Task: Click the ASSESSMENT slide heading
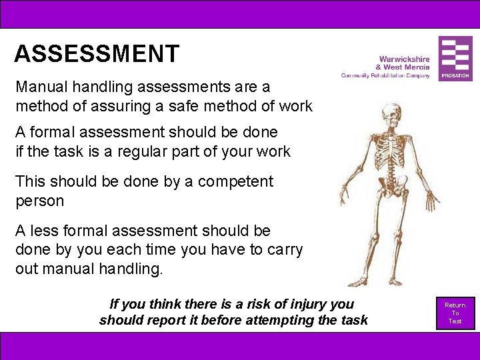pyautogui.click(x=97, y=53)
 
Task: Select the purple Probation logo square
pyautogui.click(x=455, y=59)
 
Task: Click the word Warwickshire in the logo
pyautogui.click(x=404, y=59)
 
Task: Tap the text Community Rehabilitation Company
pyautogui.click(x=385, y=76)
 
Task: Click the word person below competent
pyautogui.click(x=39, y=201)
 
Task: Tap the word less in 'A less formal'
pyautogui.click(x=46, y=231)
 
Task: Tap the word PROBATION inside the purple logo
pyautogui.click(x=455, y=77)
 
